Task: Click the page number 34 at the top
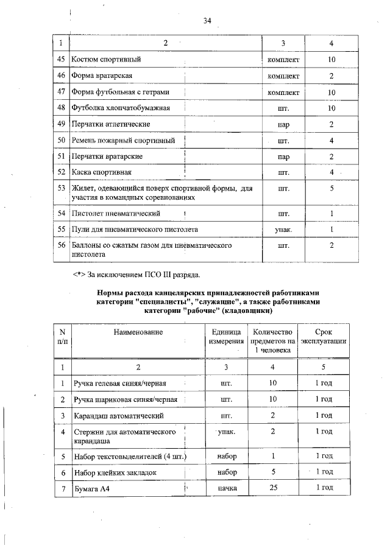coord(207,21)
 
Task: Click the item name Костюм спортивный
coord(107,60)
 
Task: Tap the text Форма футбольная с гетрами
coord(121,92)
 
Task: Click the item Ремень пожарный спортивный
coord(124,141)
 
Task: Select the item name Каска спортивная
coord(102,172)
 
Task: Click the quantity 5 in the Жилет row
coord(331,189)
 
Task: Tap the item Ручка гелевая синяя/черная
coord(120,384)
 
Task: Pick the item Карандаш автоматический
coord(116,415)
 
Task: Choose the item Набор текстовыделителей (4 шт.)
coord(129,457)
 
